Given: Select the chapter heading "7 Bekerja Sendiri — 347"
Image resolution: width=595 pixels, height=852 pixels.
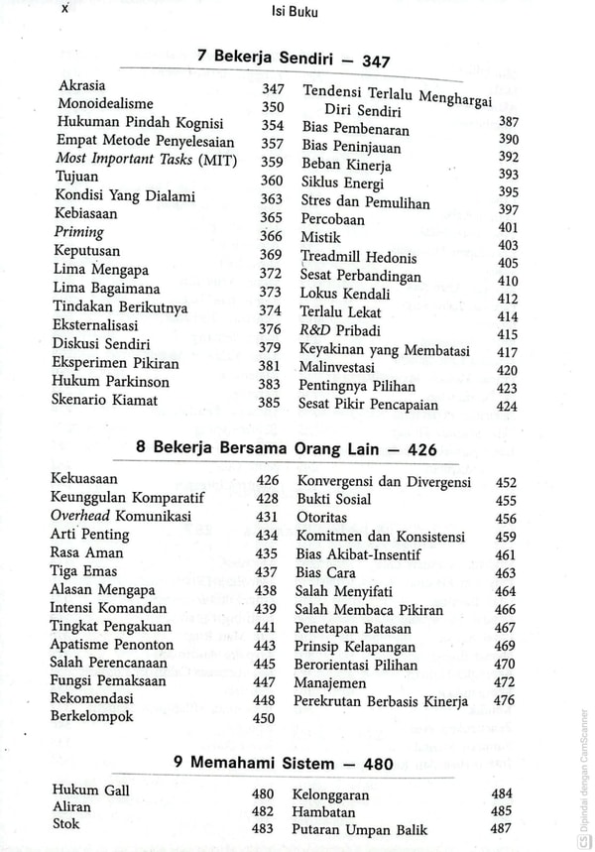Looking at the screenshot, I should click(294, 60).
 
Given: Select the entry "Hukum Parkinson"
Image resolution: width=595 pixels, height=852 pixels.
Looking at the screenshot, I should click(112, 382).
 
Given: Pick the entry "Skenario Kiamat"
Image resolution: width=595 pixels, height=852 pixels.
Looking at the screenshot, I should click(107, 401).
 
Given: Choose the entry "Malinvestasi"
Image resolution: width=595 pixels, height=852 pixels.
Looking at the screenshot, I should click(343, 368).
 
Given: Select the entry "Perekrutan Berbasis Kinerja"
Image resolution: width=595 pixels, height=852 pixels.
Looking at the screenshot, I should click(381, 701).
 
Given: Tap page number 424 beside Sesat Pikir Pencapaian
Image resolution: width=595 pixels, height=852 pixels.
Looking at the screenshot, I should click(508, 406).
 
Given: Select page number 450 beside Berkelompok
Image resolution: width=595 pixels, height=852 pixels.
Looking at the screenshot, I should click(265, 719).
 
